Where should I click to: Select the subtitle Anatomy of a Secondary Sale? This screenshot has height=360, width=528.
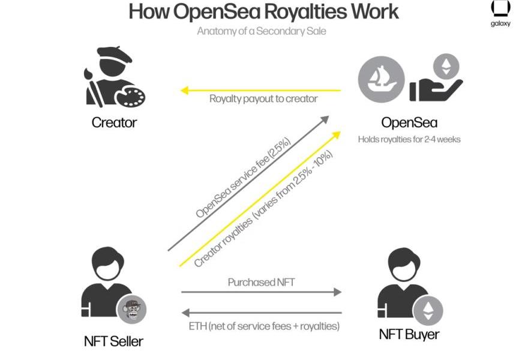coord(262,31)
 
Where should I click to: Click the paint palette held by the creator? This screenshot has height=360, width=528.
coord(131,96)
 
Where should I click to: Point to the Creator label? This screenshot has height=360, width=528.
coord(114,122)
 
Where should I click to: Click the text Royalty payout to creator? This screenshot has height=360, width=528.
coord(263,98)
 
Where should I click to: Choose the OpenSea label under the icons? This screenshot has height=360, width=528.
coord(409,123)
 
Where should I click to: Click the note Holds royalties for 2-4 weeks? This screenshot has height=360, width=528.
coord(409,139)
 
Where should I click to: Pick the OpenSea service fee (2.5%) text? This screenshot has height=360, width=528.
coord(244,178)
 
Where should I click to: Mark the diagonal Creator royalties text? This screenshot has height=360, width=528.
coord(264,208)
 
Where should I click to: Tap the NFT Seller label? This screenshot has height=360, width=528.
coord(113,341)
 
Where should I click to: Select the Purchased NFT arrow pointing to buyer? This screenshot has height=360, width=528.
coord(261,292)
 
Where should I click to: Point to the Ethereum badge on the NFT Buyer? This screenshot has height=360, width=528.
coord(428,310)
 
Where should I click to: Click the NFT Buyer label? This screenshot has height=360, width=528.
coord(409,334)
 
